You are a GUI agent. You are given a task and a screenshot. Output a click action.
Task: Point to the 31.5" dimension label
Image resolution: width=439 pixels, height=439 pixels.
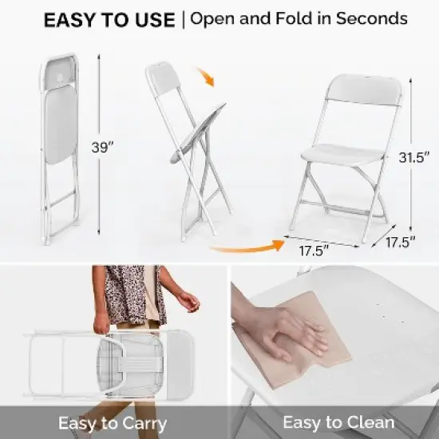(x=412, y=157)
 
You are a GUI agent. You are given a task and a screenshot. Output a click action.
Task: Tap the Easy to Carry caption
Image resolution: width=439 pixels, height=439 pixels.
(x=112, y=422)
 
